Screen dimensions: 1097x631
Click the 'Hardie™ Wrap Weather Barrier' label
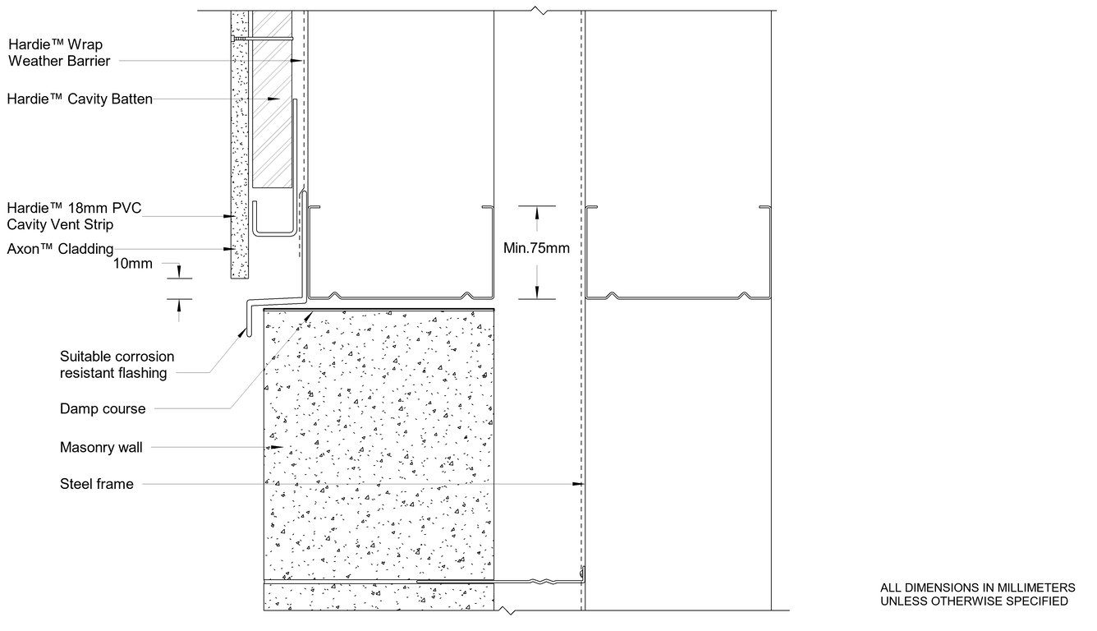click(59, 53)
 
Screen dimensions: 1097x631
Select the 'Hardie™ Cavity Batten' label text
click(80, 99)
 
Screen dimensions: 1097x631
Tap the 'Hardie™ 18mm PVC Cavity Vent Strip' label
click(74, 216)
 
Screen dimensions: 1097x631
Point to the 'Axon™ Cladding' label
click(60, 249)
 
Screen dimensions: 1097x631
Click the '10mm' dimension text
click(133, 264)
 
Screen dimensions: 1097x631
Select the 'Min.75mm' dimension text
click(536, 248)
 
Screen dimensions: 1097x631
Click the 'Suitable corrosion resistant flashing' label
click(117, 365)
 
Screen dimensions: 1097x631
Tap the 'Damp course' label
click(103, 408)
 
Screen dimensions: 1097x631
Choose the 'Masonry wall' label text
click(101, 447)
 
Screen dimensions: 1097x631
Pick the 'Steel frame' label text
click(96, 484)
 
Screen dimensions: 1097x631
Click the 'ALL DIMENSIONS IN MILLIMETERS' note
click(977, 587)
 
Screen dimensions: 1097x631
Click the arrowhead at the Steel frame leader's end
click(578, 484)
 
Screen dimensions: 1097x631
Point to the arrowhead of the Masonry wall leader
click(278, 447)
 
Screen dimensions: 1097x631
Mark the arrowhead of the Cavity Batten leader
click(273, 99)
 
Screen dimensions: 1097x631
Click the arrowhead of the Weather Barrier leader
click(296, 61)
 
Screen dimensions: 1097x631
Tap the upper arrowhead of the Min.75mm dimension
click(537, 213)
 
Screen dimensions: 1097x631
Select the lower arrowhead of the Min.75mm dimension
click(537, 292)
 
